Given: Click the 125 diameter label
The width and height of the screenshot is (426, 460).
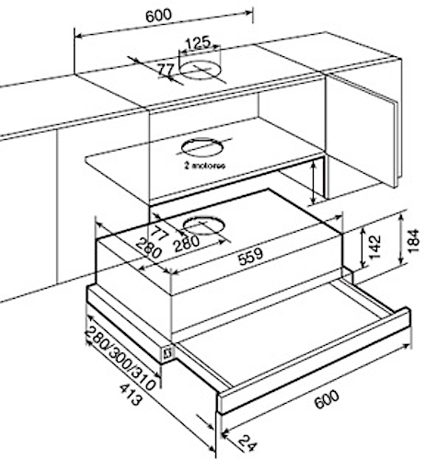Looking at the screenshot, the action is (199, 43).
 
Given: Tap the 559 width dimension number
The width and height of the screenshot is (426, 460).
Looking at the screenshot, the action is (251, 256).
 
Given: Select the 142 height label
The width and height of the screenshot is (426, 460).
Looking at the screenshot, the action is (374, 247).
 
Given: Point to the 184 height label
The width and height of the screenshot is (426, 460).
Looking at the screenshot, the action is (413, 240).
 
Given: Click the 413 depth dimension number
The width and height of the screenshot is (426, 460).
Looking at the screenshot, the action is (132, 394).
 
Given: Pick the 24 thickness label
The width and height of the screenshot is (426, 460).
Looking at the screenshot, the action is (247, 443).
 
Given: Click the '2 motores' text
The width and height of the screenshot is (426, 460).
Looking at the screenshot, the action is (205, 166).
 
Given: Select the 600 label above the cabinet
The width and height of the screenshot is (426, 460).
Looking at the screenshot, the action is (158, 16).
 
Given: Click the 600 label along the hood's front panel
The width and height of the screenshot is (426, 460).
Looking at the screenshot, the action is (328, 399).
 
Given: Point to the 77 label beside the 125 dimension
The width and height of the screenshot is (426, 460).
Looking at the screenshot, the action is (166, 70).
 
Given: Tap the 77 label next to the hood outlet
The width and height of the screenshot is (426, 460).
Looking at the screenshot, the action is (160, 234).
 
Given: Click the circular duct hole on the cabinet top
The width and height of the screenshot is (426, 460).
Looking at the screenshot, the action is (201, 70).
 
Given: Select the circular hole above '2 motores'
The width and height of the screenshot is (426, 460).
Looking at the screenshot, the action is (201, 147).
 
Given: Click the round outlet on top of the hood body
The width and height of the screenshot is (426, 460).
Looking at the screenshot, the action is (203, 225).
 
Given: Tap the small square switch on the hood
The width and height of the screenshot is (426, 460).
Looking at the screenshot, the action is (167, 354).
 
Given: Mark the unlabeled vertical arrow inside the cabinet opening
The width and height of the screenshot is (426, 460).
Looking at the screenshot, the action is (313, 183).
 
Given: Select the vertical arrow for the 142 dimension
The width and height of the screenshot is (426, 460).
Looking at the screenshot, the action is (363, 247).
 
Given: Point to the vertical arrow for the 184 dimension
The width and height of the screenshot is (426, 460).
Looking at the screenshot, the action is (401, 239).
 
